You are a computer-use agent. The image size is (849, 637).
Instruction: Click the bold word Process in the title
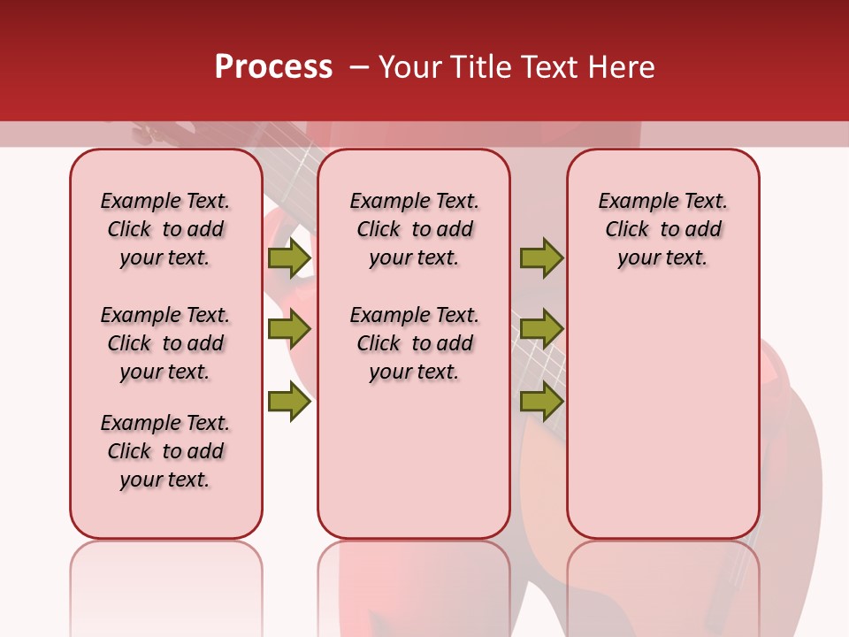pyautogui.click(x=273, y=67)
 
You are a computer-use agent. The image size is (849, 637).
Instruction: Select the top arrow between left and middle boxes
pyautogui.click(x=289, y=257)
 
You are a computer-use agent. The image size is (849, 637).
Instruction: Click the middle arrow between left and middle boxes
pyautogui.click(x=289, y=330)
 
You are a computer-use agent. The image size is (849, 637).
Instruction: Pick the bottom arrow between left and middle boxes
pyautogui.click(x=289, y=402)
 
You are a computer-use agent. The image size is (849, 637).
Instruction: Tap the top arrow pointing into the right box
pyautogui.click(x=541, y=257)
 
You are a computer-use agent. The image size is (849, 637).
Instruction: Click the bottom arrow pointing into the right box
pyautogui.click(x=541, y=402)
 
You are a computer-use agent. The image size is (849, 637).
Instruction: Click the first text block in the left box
pyautogui.click(x=165, y=229)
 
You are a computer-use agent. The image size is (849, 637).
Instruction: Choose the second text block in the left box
pyautogui.click(x=165, y=343)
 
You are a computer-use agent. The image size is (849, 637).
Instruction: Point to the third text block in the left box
pyautogui.click(x=165, y=451)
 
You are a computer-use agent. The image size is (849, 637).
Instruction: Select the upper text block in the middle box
pyautogui.click(x=414, y=229)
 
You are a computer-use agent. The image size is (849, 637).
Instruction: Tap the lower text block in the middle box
pyautogui.click(x=414, y=343)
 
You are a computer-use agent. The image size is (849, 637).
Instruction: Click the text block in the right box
pyautogui.click(x=662, y=229)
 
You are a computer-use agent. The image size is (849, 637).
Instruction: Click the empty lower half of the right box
pyautogui.click(x=662, y=425)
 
